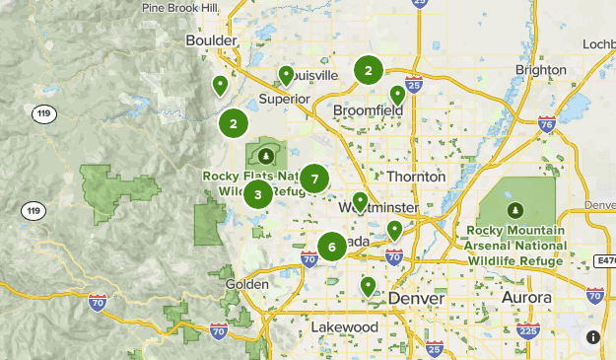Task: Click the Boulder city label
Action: [211, 40]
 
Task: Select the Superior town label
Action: [284, 99]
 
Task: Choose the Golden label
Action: [247, 284]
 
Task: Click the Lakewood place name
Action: [344, 326]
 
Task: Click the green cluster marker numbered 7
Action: [314, 179]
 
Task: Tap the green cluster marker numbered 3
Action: [258, 194]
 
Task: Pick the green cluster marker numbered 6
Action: [332, 247]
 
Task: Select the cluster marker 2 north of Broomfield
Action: [369, 70]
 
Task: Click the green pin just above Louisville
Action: [286, 74]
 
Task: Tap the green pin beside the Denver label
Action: [368, 286]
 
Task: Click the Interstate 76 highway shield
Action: [547, 124]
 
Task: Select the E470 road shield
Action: [605, 260]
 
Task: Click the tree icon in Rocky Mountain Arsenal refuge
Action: [514, 210]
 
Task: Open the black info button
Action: [593, 337]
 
